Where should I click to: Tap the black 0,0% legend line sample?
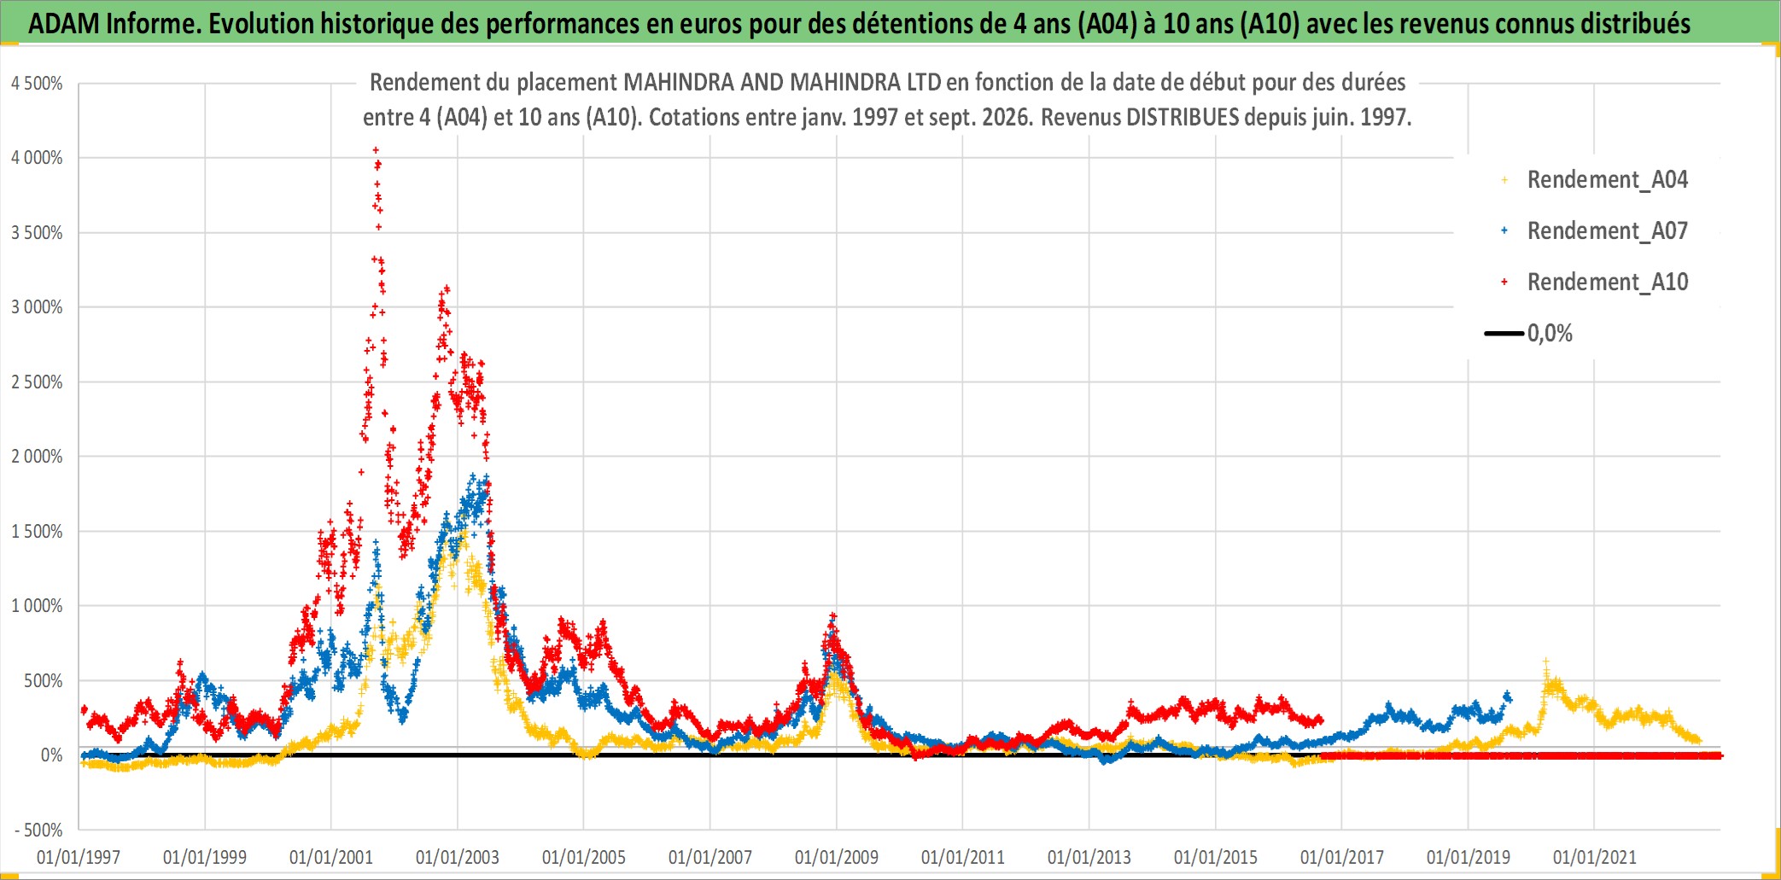[1504, 333]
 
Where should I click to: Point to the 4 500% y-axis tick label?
[37, 84]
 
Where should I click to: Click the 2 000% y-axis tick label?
[37, 457]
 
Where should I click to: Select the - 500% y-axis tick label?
[38, 830]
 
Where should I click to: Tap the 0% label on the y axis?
[52, 755]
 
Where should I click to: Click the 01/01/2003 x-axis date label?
[458, 857]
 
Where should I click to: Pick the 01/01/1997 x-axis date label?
[79, 857]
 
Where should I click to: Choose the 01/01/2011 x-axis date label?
[963, 857]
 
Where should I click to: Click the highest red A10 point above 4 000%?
[376, 150]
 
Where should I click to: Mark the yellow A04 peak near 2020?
[1546, 661]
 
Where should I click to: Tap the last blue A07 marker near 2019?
[1508, 696]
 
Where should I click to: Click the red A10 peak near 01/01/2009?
[833, 615]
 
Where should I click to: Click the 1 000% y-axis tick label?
[37, 606]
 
